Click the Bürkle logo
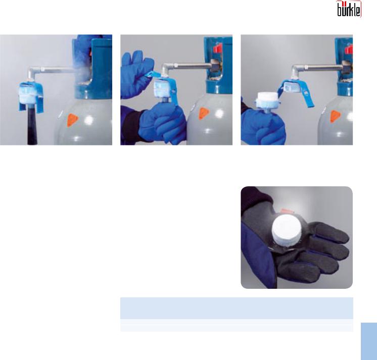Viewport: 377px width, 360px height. (x=348, y=9)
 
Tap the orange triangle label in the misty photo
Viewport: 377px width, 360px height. (x=72, y=120)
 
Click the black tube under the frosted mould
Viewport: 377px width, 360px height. (x=32, y=127)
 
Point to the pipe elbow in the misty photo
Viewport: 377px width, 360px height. (x=33, y=72)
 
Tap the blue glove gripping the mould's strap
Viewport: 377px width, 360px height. (x=136, y=74)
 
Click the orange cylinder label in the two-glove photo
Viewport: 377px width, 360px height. (x=204, y=114)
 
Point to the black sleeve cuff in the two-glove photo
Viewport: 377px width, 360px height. (x=131, y=127)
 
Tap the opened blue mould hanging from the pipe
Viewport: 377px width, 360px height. (x=295, y=91)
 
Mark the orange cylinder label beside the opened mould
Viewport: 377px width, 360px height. (x=336, y=117)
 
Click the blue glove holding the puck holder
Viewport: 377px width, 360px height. (x=263, y=127)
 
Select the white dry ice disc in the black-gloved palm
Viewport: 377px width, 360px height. (x=287, y=229)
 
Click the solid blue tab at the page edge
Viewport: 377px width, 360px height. (x=369, y=341)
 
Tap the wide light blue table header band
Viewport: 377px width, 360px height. (x=237, y=308)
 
